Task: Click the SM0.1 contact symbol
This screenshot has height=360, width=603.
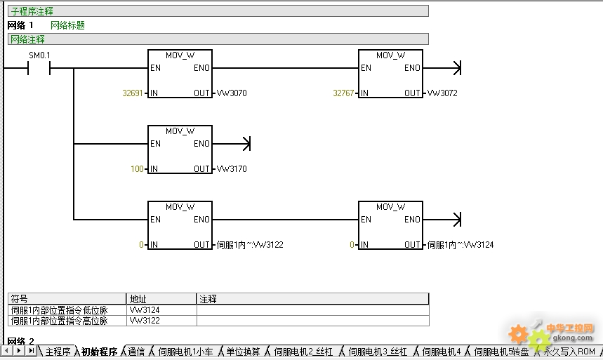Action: point(39,68)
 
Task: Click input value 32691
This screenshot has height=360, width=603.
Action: point(133,93)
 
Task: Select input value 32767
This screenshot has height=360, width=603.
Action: point(343,93)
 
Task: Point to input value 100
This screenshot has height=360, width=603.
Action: point(137,169)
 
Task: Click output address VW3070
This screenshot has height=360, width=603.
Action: point(232,93)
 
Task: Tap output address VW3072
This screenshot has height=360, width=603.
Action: point(442,93)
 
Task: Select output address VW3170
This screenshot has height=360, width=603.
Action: point(232,169)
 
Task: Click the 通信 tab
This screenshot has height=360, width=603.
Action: point(136,352)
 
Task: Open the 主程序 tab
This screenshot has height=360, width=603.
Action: point(58,352)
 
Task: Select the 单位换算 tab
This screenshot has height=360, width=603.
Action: point(243,352)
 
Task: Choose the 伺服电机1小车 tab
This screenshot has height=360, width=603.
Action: point(185,352)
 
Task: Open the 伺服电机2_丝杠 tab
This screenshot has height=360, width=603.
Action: point(303,352)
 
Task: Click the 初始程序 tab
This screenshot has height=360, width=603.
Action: point(99,352)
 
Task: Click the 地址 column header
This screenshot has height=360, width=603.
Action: point(138,299)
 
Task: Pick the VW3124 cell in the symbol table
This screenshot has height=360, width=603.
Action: point(145,309)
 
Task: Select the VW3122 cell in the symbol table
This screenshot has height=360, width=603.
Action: point(145,321)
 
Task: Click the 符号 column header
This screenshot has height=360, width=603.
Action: point(19,299)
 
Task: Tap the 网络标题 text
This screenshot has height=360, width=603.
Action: point(67,25)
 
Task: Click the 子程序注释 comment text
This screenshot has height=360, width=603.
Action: point(32,11)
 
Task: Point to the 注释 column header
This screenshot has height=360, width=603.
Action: point(208,299)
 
